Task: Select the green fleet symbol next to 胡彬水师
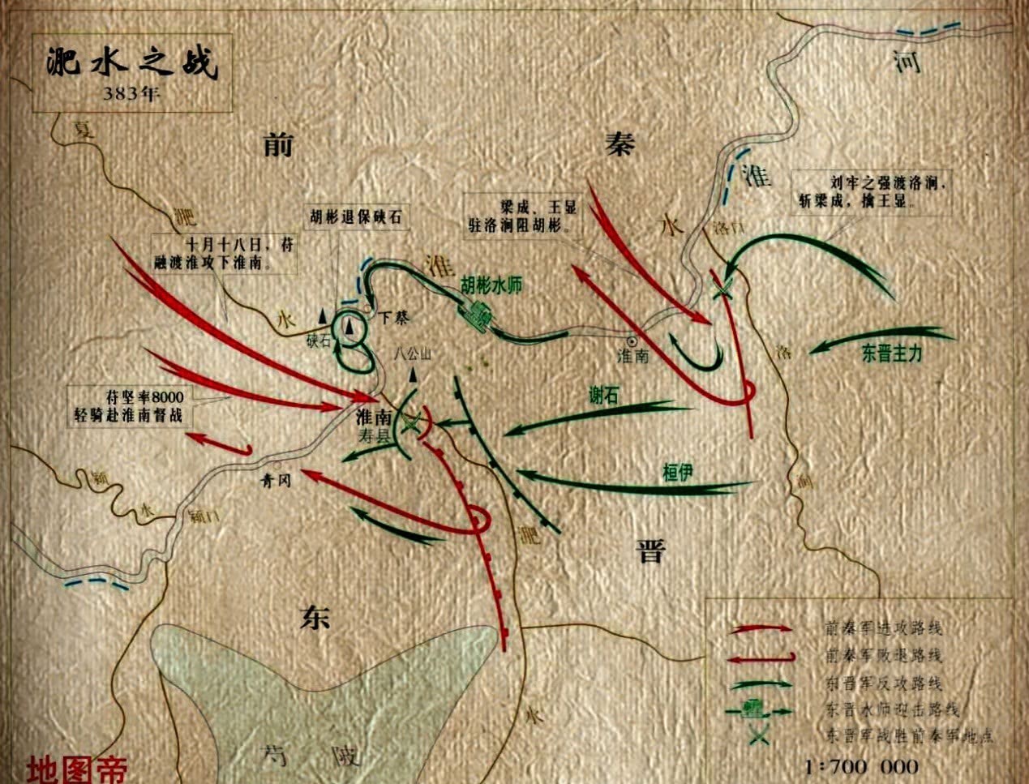(478, 315)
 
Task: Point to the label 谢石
(603, 395)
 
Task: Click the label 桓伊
(677, 473)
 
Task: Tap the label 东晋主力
(892, 353)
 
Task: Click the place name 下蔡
(395, 318)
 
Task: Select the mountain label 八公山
(414, 354)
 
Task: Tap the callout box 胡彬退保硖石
(355, 217)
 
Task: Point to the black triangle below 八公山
(414, 375)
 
